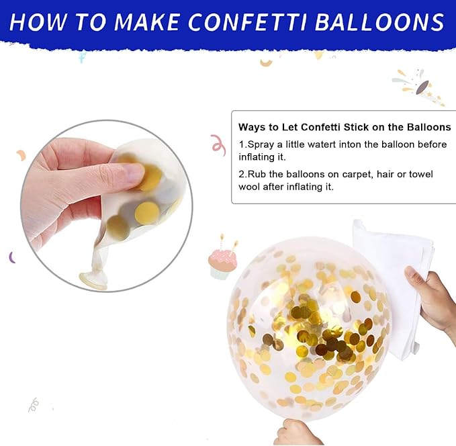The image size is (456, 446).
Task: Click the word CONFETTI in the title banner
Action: point(248,21)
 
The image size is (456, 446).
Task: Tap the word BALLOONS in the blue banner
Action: point(379,21)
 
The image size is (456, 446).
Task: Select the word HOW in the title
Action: point(38,21)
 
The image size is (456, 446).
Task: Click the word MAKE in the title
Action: point(146,21)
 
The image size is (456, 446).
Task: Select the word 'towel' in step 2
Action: point(421,174)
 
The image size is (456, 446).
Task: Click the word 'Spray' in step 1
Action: point(261,144)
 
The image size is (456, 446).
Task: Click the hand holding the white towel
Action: point(431,300)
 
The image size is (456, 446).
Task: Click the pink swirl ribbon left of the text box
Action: point(219,145)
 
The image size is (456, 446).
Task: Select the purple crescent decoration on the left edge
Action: point(12,257)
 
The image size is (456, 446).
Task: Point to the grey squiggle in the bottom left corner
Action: point(34,404)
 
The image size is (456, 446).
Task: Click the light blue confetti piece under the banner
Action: point(83,56)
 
